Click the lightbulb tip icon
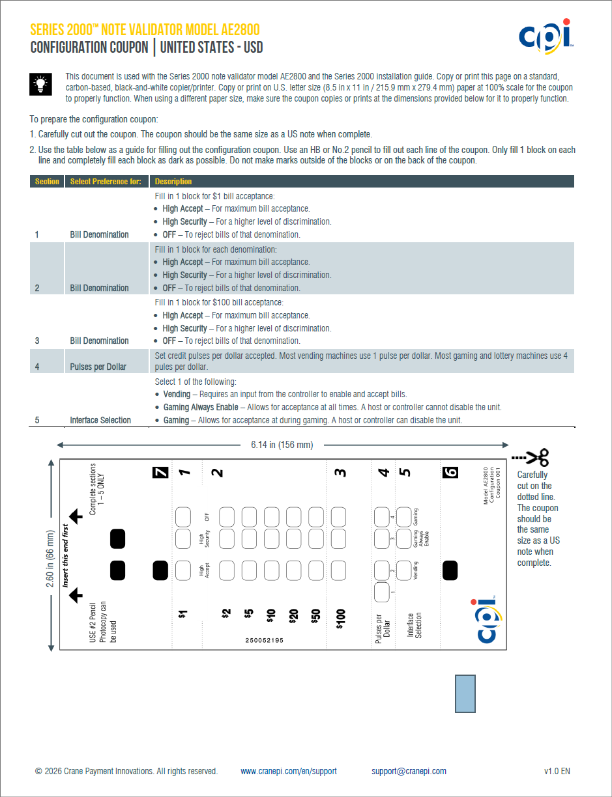pyautogui.click(x=40, y=85)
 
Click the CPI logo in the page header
pyautogui.click(x=546, y=36)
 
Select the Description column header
pyautogui.click(x=173, y=182)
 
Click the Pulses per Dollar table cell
pyautogui.click(x=98, y=367)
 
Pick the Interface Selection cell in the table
pyautogui.click(x=100, y=420)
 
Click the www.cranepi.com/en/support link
pyautogui.click(x=289, y=772)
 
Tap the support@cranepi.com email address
pyautogui.click(x=409, y=772)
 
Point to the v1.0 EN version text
pyautogui.click(x=557, y=772)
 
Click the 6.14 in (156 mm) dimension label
pyautogui.click(x=282, y=445)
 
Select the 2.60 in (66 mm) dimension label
pyautogui.click(x=50, y=559)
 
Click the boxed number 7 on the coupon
pyautogui.click(x=160, y=473)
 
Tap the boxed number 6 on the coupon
pyautogui.click(x=450, y=473)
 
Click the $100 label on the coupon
pyautogui.click(x=340, y=619)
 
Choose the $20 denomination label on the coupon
pyautogui.click(x=293, y=616)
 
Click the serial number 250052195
pyautogui.click(x=265, y=640)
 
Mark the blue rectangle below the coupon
pyautogui.click(x=465, y=693)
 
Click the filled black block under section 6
pyautogui.click(x=450, y=570)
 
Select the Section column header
pyautogui.click(x=47, y=182)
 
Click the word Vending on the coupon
pyautogui.click(x=416, y=570)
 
